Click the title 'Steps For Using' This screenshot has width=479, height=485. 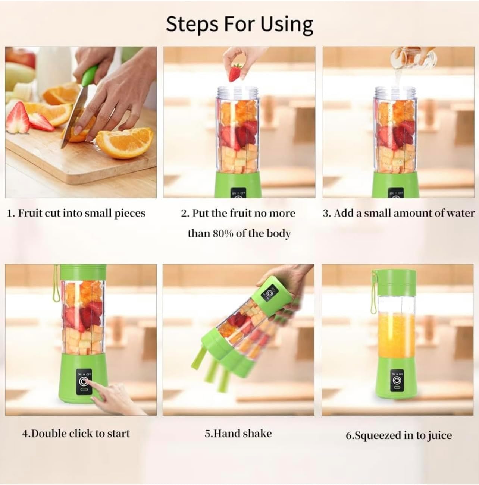[239, 25]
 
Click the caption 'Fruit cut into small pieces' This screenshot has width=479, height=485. [76, 213]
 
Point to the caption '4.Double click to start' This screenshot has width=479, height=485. [76, 434]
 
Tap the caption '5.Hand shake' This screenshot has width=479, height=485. [238, 434]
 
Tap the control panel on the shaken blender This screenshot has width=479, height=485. [270, 295]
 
